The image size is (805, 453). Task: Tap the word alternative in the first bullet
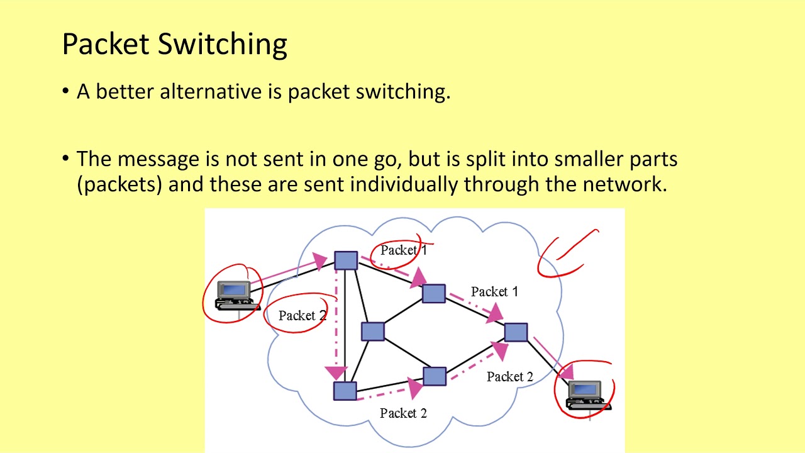(x=211, y=92)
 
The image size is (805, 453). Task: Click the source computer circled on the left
(x=234, y=295)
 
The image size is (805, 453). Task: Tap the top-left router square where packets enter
(x=346, y=260)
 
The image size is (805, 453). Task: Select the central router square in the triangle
(x=372, y=332)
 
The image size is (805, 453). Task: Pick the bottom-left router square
(x=345, y=391)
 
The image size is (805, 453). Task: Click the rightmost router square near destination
(x=516, y=332)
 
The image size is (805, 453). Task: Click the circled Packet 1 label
(x=403, y=250)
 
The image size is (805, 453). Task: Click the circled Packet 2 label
(x=303, y=315)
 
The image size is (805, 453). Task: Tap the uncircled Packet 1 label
(x=494, y=292)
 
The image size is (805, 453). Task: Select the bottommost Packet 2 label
(x=403, y=413)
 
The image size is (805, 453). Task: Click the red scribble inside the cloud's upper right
(x=566, y=255)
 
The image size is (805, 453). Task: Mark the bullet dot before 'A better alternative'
(x=66, y=92)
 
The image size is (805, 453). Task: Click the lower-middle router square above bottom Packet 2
(x=434, y=376)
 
